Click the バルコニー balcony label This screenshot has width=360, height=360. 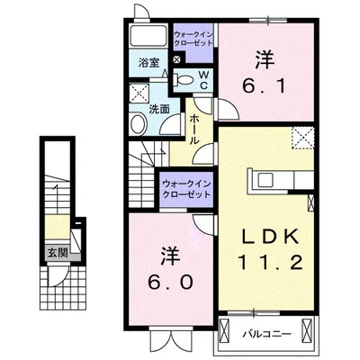(266, 334)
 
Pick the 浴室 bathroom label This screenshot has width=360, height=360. (149, 63)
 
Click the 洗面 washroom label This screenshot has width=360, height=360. (159, 110)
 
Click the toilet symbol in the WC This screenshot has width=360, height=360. (184, 80)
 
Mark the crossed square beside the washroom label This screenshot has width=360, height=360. (139, 94)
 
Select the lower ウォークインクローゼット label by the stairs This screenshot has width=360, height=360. (186, 189)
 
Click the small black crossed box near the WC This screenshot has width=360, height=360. (175, 60)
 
